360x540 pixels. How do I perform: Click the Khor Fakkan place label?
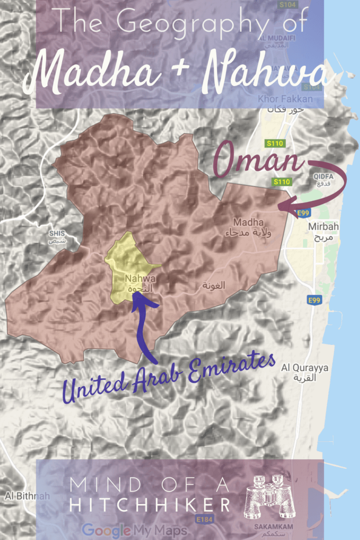[285, 99]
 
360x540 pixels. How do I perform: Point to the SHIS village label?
[56, 233]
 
